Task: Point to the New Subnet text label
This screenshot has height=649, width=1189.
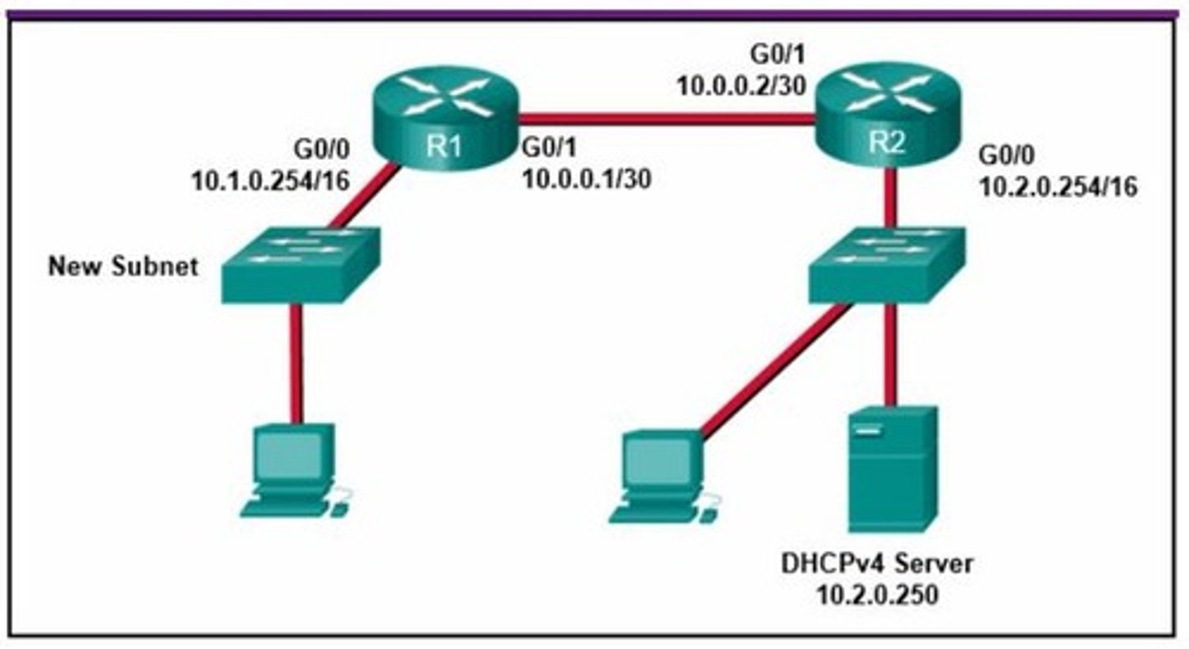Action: [x=123, y=267]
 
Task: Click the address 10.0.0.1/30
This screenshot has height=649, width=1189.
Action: [x=585, y=179]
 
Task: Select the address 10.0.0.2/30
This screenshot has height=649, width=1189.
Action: [x=741, y=85]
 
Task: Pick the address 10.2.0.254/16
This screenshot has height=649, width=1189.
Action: [x=1057, y=187]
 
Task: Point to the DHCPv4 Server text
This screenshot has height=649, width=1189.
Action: [x=877, y=565]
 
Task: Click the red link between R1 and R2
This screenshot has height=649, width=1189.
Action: [x=665, y=120]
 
